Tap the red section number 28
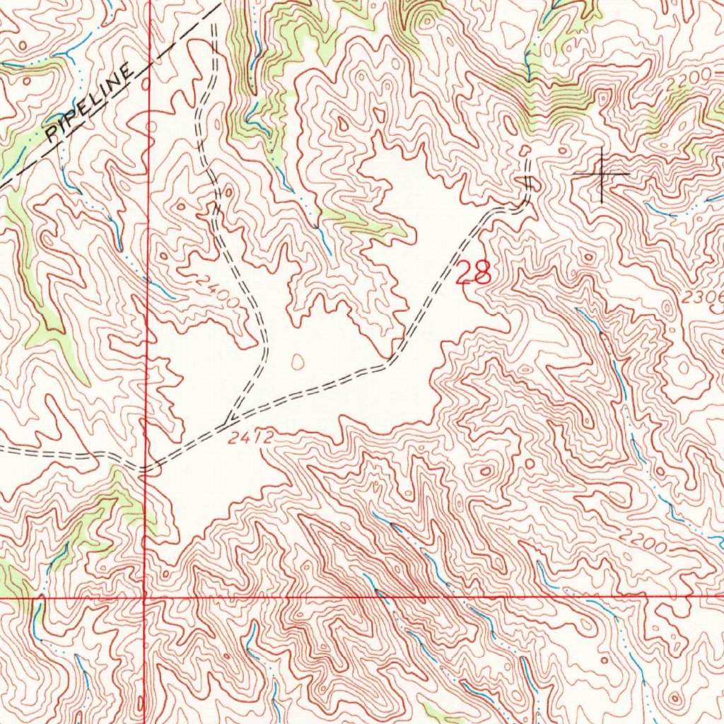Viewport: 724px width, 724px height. tap(473, 272)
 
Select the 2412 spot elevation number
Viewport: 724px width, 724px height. tap(250, 438)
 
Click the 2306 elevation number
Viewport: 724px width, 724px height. tap(703, 298)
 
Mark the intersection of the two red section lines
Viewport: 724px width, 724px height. tap(146, 597)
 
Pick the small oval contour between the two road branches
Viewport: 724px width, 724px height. tap(297, 361)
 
